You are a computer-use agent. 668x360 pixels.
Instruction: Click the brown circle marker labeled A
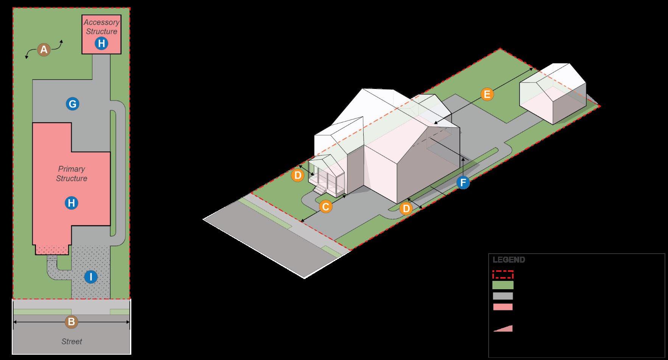pyautogui.click(x=44, y=50)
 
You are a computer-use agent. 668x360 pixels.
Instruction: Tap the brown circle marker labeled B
pyautogui.click(x=71, y=322)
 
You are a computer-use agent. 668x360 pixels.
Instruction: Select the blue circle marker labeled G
pyautogui.click(x=72, y=104)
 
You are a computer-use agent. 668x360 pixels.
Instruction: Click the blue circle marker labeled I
pyautogui.click(x=90, y=277)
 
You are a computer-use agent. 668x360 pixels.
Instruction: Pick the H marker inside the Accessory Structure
pyautogui.click(x=101, y=44)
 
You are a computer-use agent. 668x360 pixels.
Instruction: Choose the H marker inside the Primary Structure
pyautogui.click(x=71, y=203)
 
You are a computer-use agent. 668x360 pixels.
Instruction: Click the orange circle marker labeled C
pyautogui.click(x=325, y=207)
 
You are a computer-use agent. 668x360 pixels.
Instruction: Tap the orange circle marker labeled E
pyautogui.click(x=487, y=94)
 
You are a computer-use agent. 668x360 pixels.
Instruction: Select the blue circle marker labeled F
pyautogui.click(x=463, y=183)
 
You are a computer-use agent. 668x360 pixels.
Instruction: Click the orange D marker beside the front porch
pyautogui.click(x=297, y=175)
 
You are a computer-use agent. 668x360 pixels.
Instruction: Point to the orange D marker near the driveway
pyautogui.click(x=406, y=208)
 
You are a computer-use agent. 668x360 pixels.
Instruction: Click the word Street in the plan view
pyautogui.click(x=72, y=341)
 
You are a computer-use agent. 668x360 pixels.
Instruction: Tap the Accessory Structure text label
pyautogui.click(x=101, y=27)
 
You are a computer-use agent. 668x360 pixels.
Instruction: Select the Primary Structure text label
pyautogui.click(x=72, y=173)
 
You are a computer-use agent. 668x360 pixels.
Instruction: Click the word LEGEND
pyautogui.click(x=509, y=260)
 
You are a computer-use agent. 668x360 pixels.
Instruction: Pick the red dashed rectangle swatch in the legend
pyautogui.click(x=503, y=274)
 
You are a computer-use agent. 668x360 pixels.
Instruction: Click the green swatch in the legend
pyautogui.click(x=503, y=285)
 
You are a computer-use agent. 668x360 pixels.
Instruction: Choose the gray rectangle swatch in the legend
pyautogui.click(x=503, y=296)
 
